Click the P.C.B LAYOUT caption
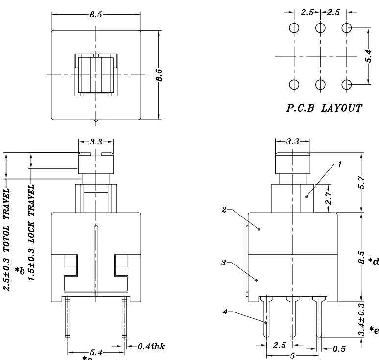(324, 108)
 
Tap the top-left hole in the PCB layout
(294, 28)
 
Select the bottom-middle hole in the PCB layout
(320, 84)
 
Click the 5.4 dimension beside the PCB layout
(368, 56)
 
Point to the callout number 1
(340, 165)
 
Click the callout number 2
(224, 210)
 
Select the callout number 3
(224, 263)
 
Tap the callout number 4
(225, 312)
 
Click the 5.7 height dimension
(361, 182)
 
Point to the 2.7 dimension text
(328, 198)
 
